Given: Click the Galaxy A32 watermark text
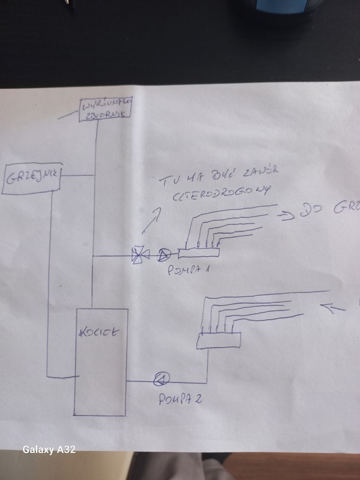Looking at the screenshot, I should pyautogui.click(x=49, y=450).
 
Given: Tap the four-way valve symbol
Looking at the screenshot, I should pyautogui.click(x=139, y=256).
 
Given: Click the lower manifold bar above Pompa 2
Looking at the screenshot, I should pyautogui.click(x=219, y=340).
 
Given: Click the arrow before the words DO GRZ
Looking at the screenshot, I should pyautogui.click(x=289, y=214).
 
